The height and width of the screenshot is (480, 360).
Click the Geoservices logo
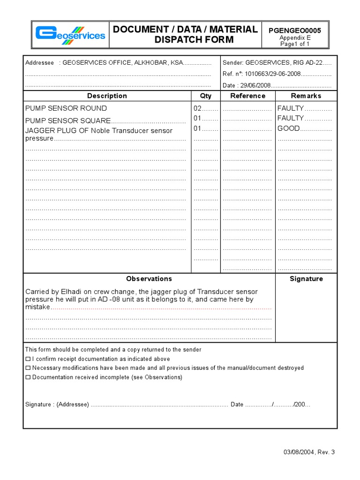pos(70,35)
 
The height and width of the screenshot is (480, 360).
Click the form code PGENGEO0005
pos(294,30)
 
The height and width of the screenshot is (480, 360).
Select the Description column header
pos(107,96)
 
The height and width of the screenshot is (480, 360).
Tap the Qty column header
pos(205,96)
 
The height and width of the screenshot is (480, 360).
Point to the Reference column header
pos(247,96)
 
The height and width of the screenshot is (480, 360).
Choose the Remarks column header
pos(306,96)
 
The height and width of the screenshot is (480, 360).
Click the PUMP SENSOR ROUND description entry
pos(66,108)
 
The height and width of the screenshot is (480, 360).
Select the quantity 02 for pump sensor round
pos(197,108)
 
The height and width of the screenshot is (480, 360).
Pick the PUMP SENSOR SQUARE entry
pos(68,120)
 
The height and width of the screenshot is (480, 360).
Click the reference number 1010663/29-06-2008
pos(272,74)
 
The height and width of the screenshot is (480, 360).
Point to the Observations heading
pos(149,278)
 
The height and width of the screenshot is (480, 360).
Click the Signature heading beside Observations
pos(306,278)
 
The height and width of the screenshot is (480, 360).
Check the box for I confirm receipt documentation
pos(28,359)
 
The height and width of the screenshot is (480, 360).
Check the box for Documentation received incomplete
pos(28,377)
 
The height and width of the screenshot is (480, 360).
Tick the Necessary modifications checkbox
pos(28,368)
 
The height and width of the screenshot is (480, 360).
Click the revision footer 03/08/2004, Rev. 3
pos(309,452)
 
